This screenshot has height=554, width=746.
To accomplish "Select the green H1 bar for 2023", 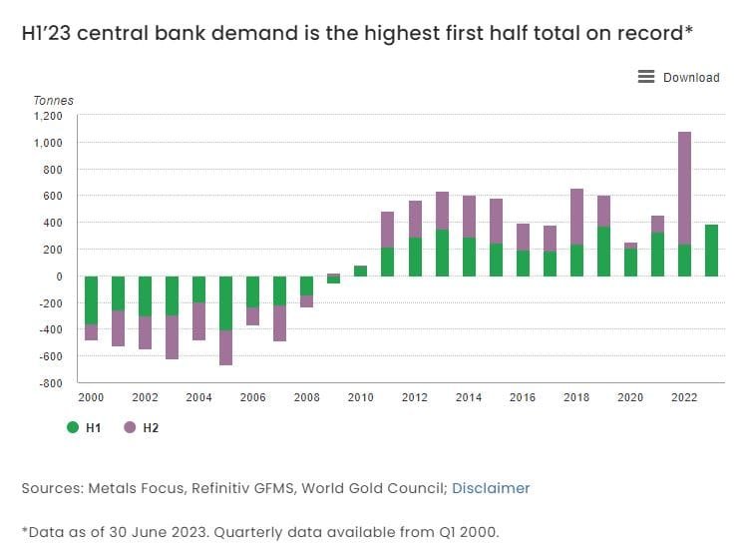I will point(712,251).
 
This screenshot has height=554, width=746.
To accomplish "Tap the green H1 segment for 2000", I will point(91,300).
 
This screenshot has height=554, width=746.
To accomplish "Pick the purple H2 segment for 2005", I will point(226,347).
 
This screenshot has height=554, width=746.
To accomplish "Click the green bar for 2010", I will point(361,271).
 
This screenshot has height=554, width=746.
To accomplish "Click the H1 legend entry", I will point(86,427).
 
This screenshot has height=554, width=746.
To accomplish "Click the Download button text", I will point(691,78).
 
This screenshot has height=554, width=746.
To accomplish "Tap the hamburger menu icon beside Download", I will point(646,77).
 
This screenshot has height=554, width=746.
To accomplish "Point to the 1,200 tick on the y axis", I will point(48,116).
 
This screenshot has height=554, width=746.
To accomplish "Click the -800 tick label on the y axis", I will point(51,382).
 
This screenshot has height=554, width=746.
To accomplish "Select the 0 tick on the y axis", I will point(59,276).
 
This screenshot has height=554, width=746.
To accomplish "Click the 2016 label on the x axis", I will point(523,397).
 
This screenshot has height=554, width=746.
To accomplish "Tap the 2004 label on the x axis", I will point(198,397).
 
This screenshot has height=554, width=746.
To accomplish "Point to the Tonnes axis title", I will point(54,100).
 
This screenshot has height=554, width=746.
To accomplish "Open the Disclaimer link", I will point(491,488).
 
